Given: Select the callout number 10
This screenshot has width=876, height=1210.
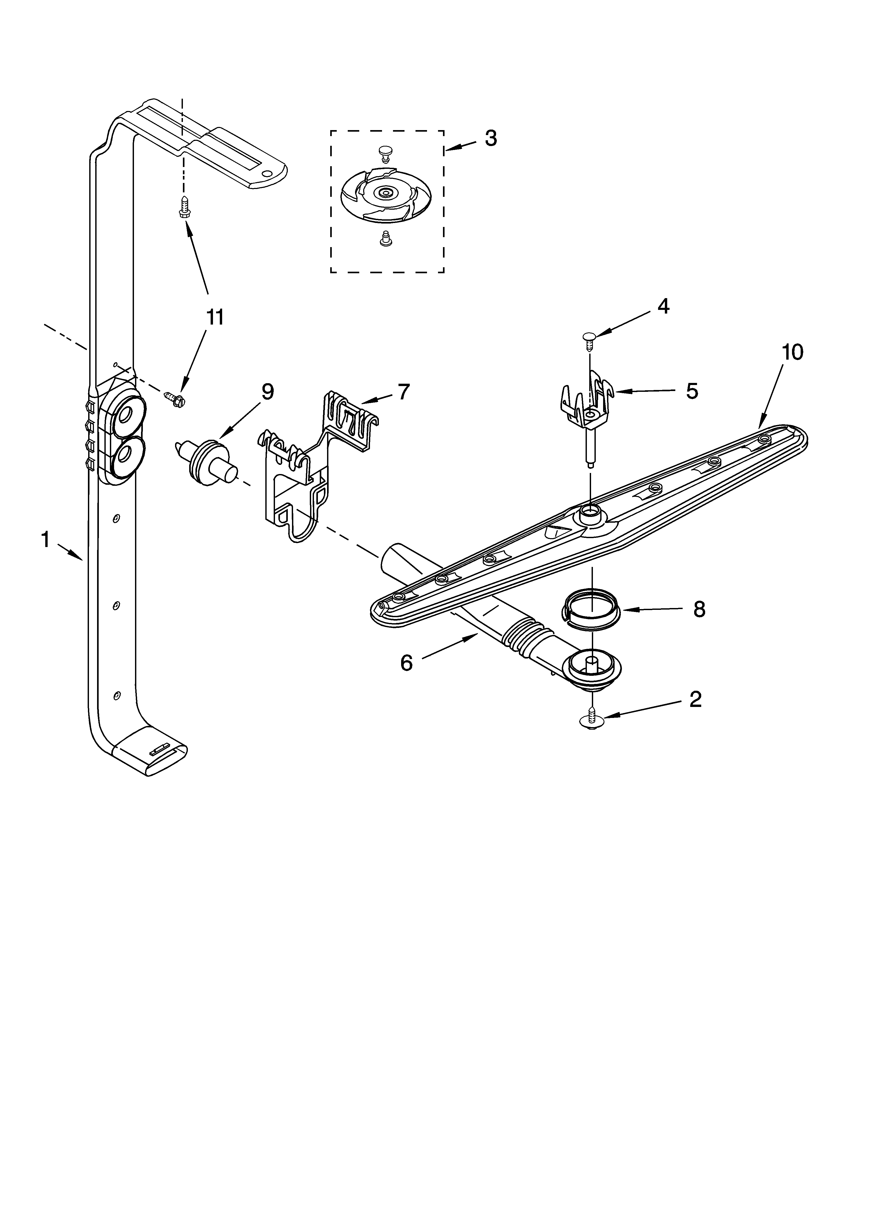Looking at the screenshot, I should (792, 352).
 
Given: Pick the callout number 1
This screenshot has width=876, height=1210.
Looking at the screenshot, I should (46, 540).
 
